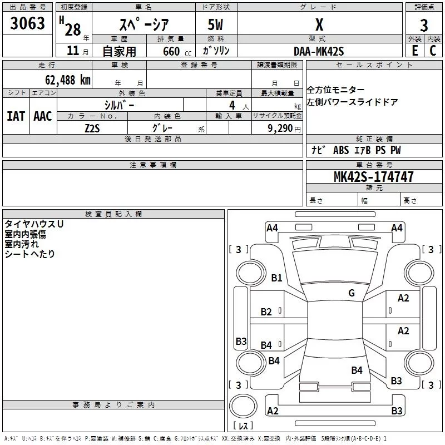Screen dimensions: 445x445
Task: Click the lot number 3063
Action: pos(28,23)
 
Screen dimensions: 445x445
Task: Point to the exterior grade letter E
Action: pos(414,50)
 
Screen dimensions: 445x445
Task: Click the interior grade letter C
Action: pos(432,50)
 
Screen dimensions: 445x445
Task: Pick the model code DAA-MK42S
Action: pos(319,51)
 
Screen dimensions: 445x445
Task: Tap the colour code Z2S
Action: pos(92,128)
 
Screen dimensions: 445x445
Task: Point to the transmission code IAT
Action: pos(16,116)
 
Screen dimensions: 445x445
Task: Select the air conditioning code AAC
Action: pos(43,116)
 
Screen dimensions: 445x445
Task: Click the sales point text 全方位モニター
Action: pos(337,90)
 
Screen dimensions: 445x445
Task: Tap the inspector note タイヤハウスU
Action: pos(34,224)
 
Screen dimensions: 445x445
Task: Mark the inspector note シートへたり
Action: pos(30,254)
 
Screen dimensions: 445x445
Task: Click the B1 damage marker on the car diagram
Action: pos(276,278)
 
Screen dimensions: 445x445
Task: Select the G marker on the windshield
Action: pos(351,293)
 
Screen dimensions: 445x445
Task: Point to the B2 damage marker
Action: pos(266,312)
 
